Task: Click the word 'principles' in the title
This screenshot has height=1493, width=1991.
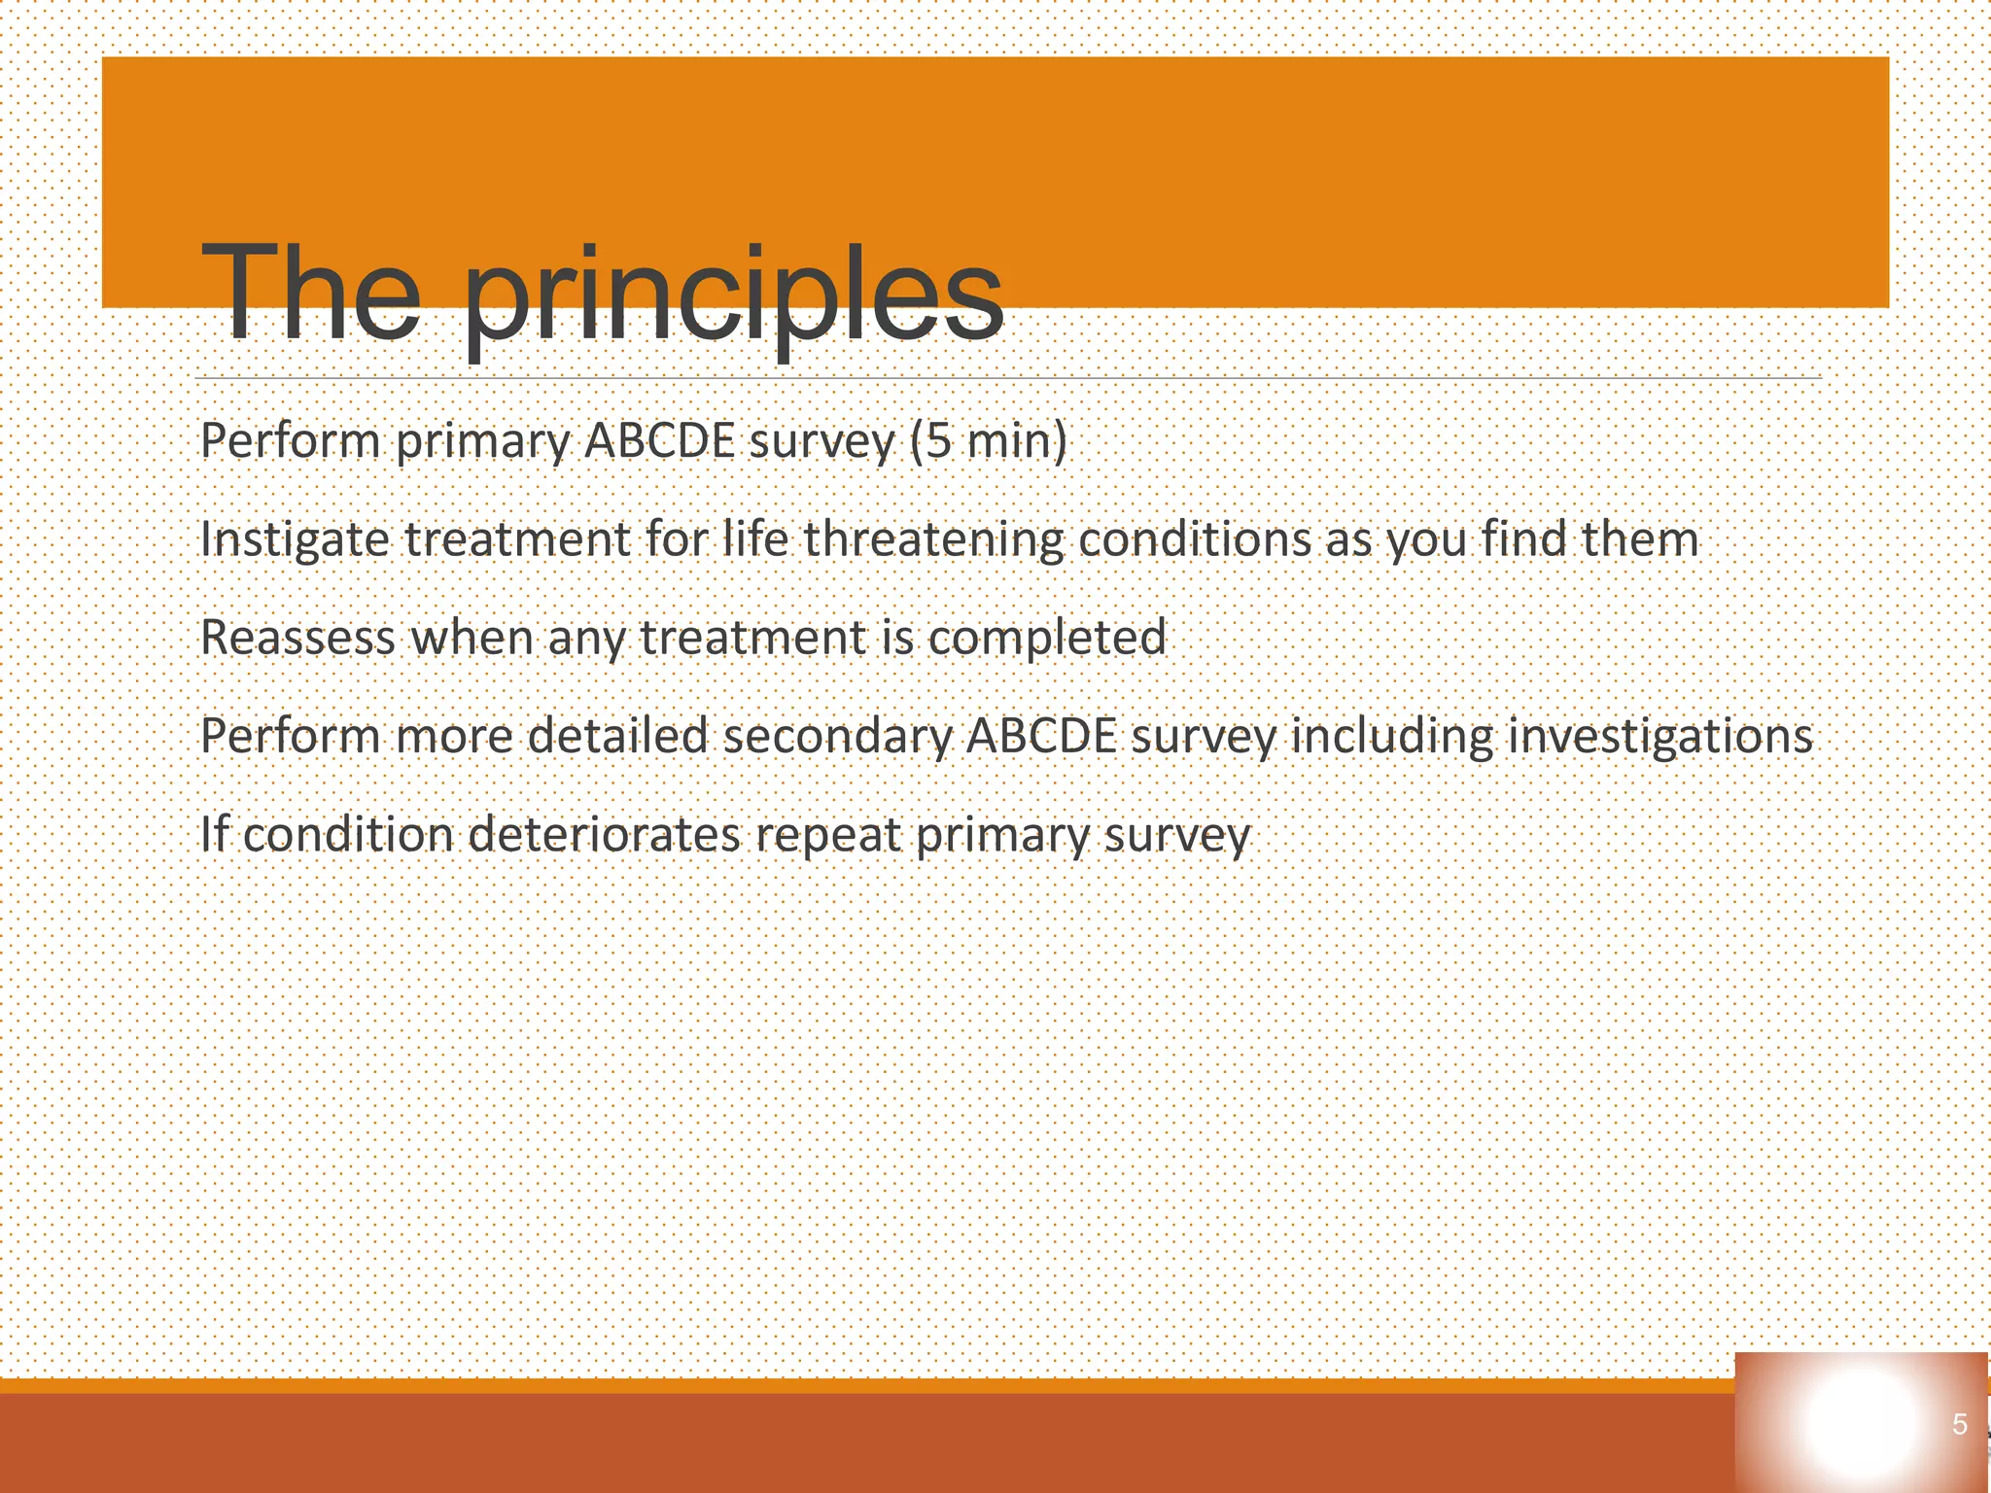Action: [x=734, y=296]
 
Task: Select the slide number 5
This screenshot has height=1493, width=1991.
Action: [x=1959, y=1425]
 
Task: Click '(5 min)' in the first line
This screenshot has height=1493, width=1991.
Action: [x=989, y=441]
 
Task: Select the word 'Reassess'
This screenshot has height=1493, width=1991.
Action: [x=298, y=639]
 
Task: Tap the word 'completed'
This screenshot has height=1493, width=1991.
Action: [x=1047, y=639]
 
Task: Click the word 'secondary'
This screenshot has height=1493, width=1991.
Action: [x=837, y=737]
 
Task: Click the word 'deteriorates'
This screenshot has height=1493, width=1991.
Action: [x=604, y=835]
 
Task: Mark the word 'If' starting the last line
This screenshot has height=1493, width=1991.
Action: [x=214, y=835]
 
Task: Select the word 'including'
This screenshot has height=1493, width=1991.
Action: [x=1391, y=737]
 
